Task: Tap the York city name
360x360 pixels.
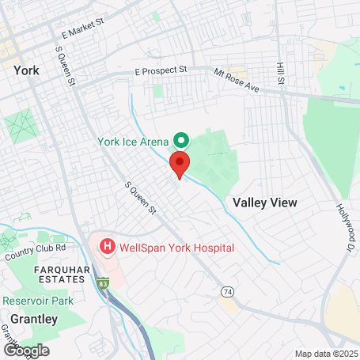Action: pyautogui.click(x=26, y=70)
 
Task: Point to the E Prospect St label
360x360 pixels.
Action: pyautogui.click(x=160, y=70)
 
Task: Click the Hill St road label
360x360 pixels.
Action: pyautogui.click(x=279, y=73)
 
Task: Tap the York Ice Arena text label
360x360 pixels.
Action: pyautogui.click(x=132, y=142)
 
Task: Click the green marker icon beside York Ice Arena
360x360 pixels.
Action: pyautogui.click(x=180, y=141)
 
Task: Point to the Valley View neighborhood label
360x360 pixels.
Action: pyautogui.click(x=265, y=203)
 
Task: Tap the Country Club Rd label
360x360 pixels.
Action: pyautogui.click(x=35, y=252)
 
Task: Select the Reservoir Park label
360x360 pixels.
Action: pyautogui.click(x=37, y=301)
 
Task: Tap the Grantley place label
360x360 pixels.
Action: pyautogui.click(x=28, y=319)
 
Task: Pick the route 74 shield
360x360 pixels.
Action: pyautogui.click(x=228, y=292)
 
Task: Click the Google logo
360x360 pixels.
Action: pyautogui.click(x=26, y=350)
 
